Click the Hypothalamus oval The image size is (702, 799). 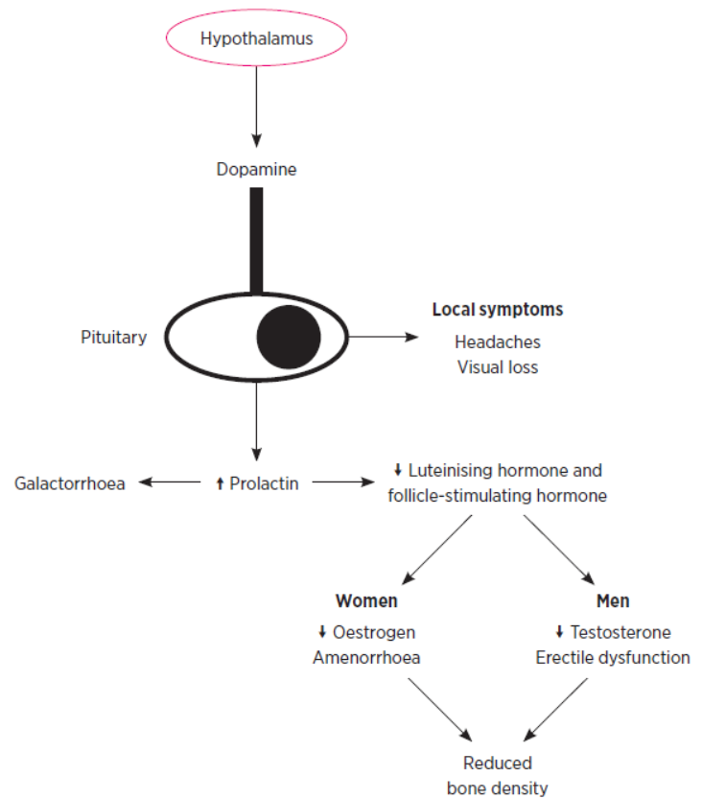(256, 38)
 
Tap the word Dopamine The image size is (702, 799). (256, 170)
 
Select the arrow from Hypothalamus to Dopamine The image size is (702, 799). (256, 106)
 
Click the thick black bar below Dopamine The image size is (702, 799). (256, 240)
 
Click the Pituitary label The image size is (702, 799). (114, 338)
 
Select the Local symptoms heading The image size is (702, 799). (497, 310)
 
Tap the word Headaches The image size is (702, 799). (497, 341)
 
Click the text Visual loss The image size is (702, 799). (497, 366)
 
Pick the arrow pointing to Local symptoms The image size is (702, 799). (384, 338)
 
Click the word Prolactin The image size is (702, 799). (264, 483)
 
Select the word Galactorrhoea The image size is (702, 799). (70, 483)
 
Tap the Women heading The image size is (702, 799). (366, 601)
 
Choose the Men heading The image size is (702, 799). (613, 601)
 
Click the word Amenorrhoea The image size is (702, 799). (366, 658)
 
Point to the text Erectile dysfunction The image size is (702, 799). (613, 658)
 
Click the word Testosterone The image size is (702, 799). (620, 632)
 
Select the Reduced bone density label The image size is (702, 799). (497, 776)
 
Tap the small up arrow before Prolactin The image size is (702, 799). (220, 483)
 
